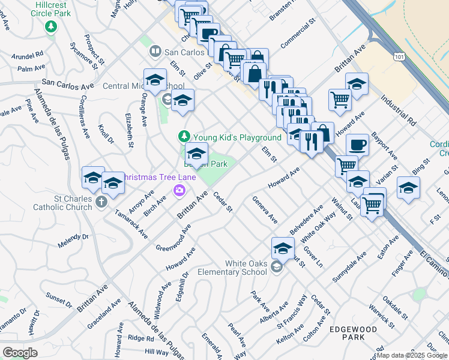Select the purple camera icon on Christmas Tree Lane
point(179,191)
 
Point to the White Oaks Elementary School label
point(246,268)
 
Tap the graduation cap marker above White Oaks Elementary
point(283,247)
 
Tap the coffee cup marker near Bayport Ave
point(358,145)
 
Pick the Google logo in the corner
point(20,352)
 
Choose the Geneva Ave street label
point(265,210)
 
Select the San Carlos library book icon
point(156,52)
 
